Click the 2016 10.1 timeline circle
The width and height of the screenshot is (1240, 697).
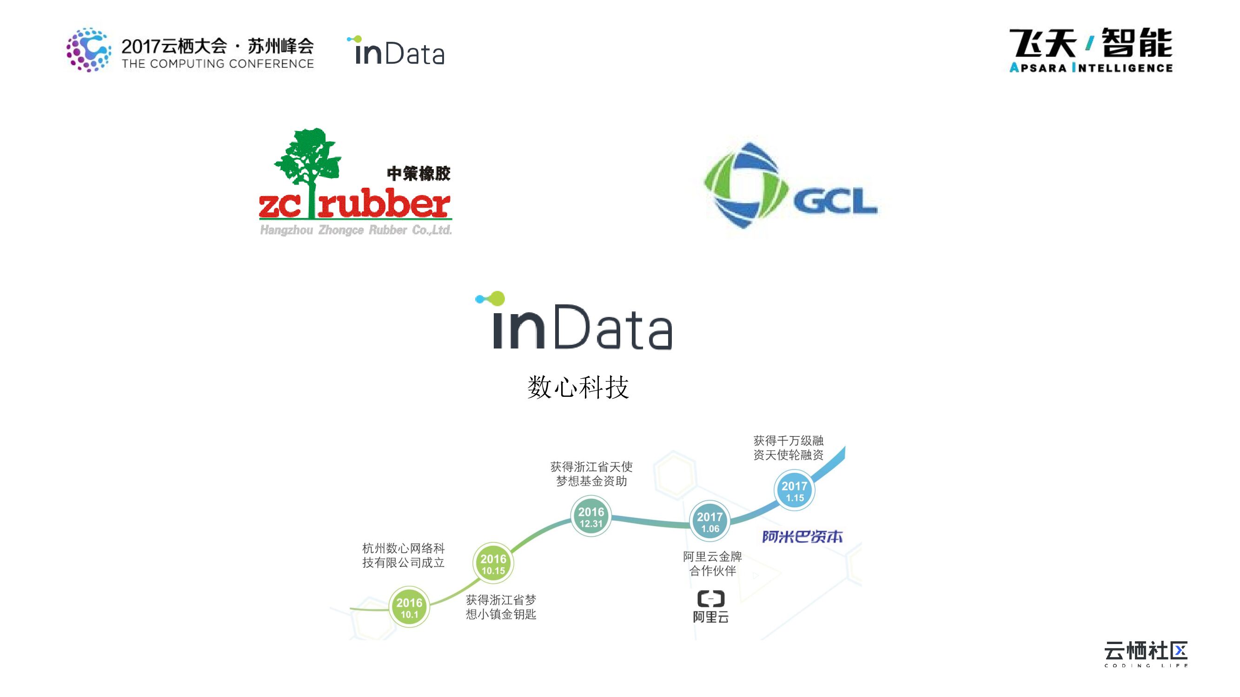tap(409, 607)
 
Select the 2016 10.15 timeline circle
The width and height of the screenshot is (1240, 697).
tap(493, 564)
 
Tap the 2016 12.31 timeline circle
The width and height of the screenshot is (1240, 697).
tap(591, 517)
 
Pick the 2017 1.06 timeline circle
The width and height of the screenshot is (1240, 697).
tap(710, 521)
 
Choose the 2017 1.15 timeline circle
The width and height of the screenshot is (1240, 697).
tap(794, 491)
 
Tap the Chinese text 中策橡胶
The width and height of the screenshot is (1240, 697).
tap(418, 174)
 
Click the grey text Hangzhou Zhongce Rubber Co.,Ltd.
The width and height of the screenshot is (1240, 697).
tap(356, 230)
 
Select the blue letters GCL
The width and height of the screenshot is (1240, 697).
tap(835, 201)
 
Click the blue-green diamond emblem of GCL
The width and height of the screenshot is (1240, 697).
tap(744, 185)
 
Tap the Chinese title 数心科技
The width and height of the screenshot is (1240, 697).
tap(578, 387)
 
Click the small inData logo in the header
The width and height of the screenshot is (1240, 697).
tap(396, 51)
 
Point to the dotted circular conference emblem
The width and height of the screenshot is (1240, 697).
tap(88, 50)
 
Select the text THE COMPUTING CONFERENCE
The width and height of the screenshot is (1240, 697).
tap(218, 64)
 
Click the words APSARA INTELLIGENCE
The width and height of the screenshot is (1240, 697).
tap(1091, 68)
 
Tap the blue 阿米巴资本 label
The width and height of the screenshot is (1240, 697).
tap(802, 537)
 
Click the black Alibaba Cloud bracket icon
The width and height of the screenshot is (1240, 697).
tap(711, 598)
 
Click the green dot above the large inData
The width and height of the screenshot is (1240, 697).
tap(497, 298)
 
